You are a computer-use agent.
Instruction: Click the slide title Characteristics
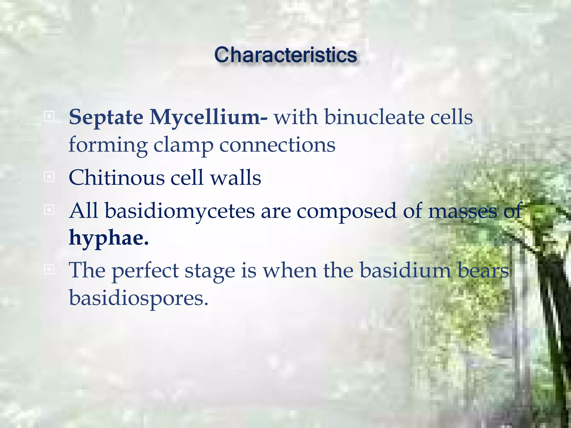point(285,55)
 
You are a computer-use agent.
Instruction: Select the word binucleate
point(374,117)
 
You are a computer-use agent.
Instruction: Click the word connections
point(277,145)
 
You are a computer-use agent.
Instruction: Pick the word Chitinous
point(117,178)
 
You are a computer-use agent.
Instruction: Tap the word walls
point(236,178)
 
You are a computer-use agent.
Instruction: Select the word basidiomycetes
point(180,211)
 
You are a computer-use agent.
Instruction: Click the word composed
point(346,211)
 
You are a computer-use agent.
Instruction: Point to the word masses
point(463,211)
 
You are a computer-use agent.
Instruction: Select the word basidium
point(405,270)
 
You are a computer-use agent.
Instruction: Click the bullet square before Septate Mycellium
point(49,116)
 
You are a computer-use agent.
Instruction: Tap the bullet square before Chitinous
point(49,177)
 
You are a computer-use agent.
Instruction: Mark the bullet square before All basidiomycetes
point(49,210)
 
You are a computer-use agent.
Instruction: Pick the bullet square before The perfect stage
point(49,269)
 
